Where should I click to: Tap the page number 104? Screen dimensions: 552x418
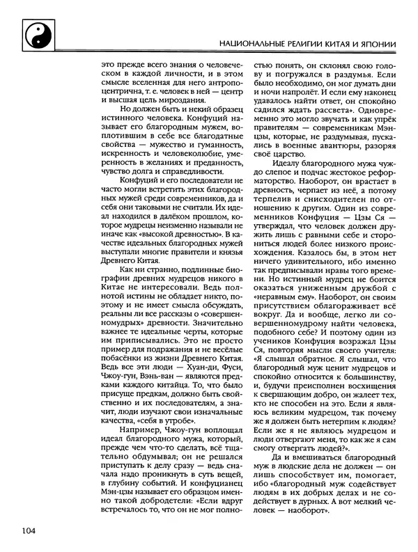(29, 531)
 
